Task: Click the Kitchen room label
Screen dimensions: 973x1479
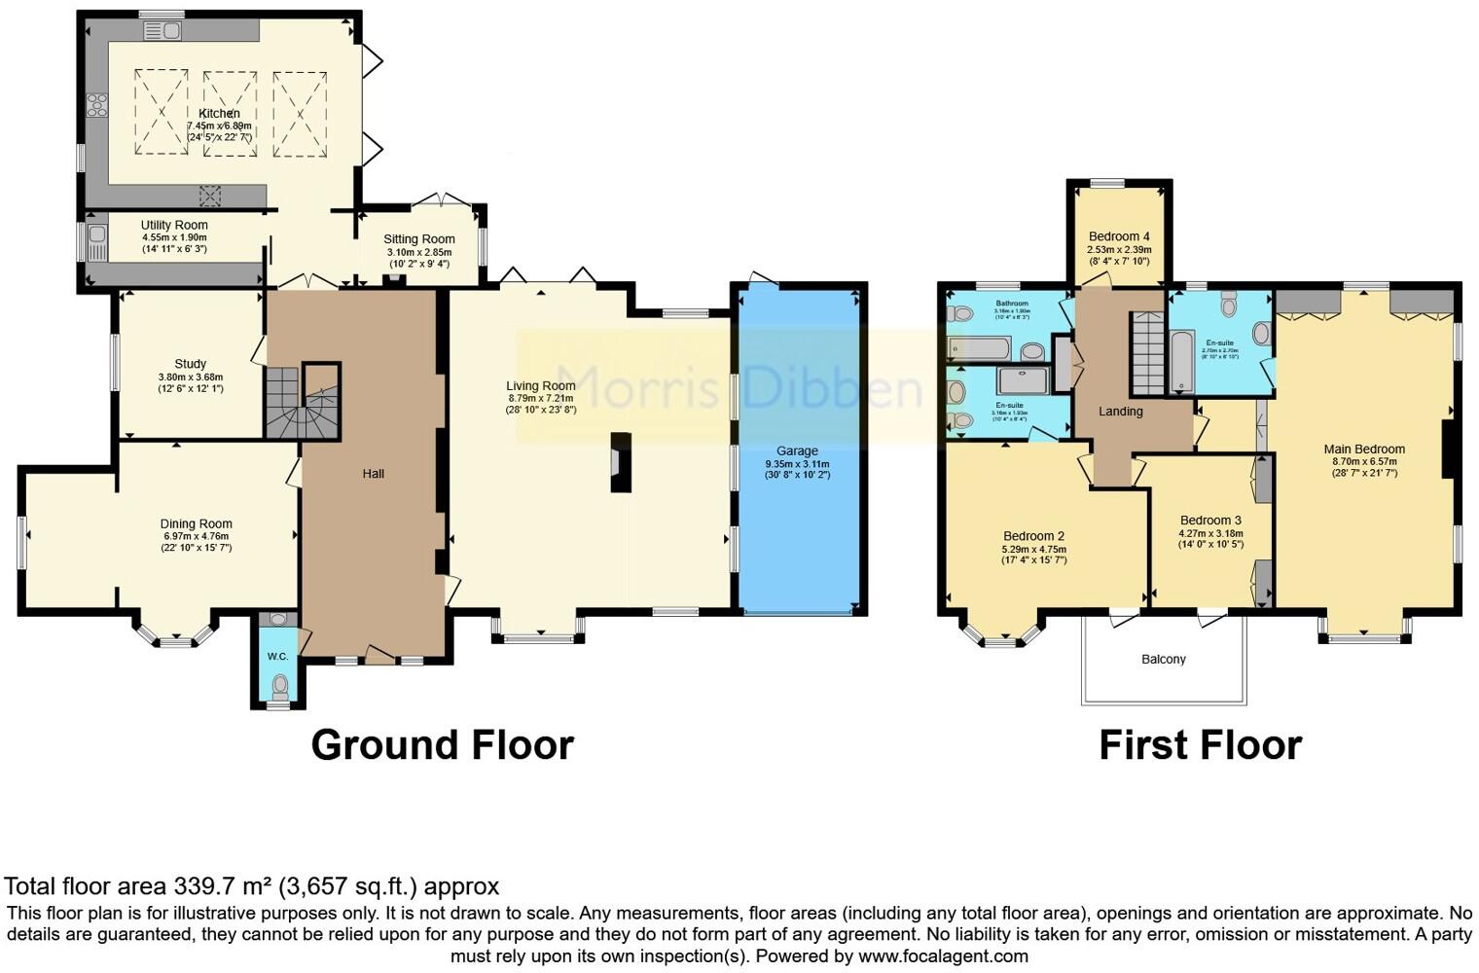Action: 219,114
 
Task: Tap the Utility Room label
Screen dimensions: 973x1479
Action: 174,225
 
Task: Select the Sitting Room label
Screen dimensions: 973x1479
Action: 418,239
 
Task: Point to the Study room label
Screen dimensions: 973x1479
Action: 190,364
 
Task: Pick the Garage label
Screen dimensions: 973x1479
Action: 797,450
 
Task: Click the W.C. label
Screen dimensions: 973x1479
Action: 277,657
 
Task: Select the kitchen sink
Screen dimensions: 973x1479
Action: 162,31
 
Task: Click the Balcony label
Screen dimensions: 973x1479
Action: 1163,660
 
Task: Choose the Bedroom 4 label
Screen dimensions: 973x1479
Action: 1119,236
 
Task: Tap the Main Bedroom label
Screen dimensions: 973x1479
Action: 1364,450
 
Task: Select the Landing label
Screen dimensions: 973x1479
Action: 1120,412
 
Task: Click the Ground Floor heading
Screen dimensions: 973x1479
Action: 442,745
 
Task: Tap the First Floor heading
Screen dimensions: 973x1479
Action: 1200,746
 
